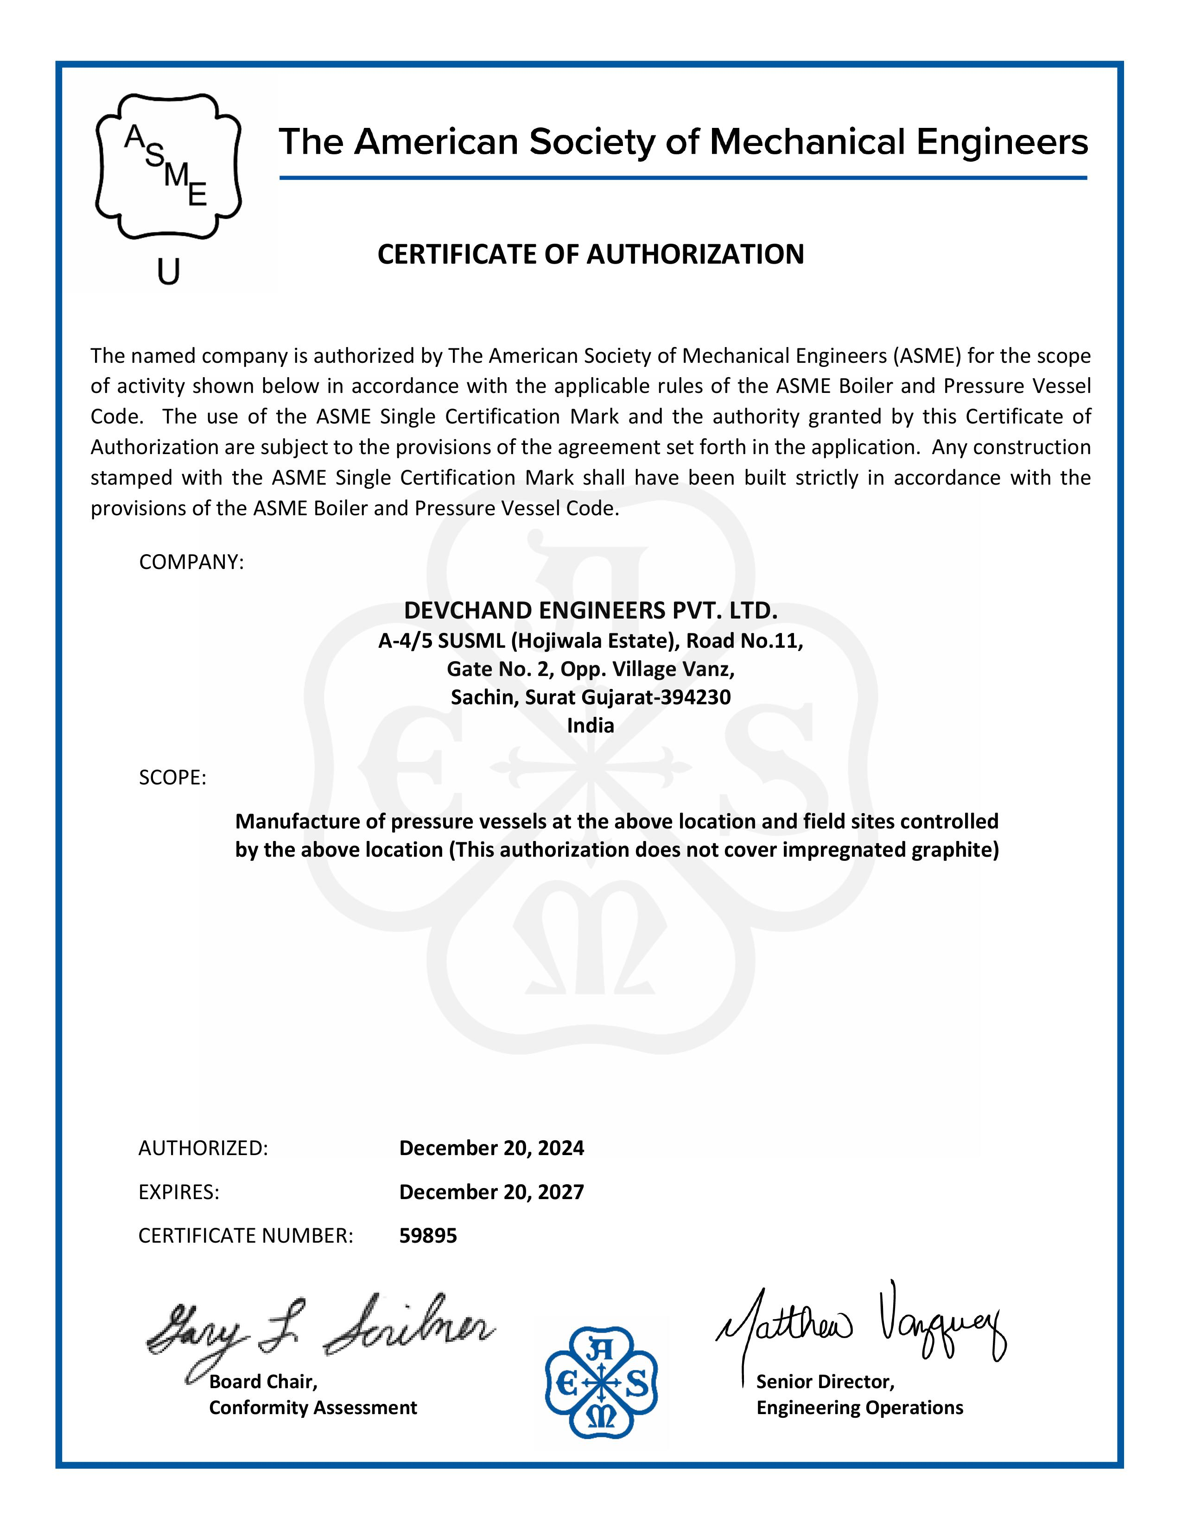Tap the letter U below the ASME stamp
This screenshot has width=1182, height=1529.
point(168,272)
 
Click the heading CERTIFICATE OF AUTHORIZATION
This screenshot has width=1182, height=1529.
point(590,254)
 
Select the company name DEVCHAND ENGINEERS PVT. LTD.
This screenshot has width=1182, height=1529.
point(590,611)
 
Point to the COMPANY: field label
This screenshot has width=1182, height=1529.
point(191,562)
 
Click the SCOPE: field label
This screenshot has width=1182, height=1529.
point(172,778)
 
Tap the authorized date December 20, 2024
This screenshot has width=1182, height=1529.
point(491,1148)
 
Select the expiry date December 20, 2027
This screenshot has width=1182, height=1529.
point(491,1192)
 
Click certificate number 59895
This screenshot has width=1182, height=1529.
point(428,1236)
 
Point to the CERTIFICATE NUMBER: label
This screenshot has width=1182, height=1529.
point(246,1236)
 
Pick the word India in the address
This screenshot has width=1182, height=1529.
point(590,725)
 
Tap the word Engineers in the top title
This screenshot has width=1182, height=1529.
point(1002,142)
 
